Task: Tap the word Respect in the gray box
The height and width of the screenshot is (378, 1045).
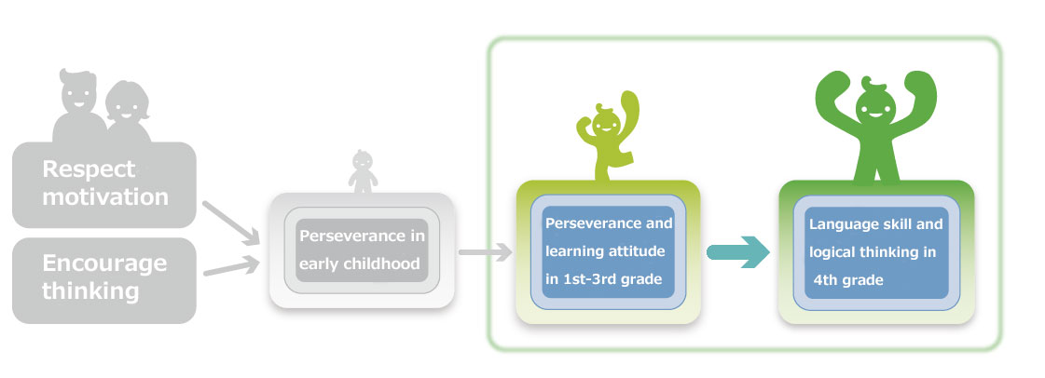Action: coord(89,169)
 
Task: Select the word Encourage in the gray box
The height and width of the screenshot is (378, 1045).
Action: coord(104,263)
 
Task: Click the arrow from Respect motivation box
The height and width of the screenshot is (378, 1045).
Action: coord(230,223)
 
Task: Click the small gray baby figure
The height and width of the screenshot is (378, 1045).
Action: coord(363,171)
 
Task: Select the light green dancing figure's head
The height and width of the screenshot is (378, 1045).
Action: coord(606,120)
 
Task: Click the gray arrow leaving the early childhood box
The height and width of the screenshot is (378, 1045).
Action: coord(485,252)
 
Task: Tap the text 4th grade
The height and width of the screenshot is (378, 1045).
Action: coord(848,280)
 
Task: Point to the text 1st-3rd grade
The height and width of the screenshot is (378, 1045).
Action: coord(604,278)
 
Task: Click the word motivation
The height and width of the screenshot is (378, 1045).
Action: coord(105,197)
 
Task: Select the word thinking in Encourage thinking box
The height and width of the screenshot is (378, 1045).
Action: coord(90,291)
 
